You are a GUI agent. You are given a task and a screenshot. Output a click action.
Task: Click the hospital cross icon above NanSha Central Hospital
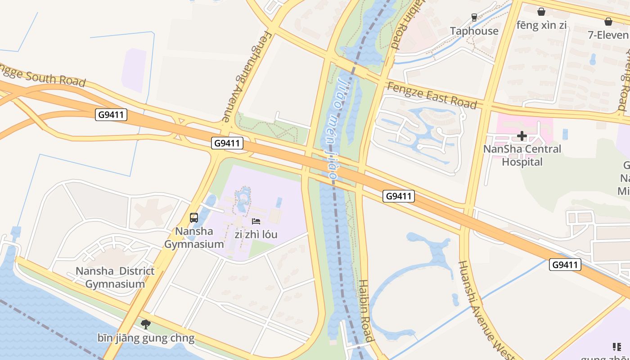click(522, 136)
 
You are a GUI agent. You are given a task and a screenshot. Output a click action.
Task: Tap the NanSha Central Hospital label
click(522, 155)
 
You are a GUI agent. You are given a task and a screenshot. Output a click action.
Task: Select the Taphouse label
click(474, 31)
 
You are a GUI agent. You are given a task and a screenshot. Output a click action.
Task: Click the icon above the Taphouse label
click(474, 18)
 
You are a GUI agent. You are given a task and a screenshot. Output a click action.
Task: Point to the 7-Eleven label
click(608, 35)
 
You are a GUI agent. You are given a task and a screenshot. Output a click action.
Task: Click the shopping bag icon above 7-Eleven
click(608, 21)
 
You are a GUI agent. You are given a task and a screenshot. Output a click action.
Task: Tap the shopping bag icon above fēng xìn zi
click(541, 12)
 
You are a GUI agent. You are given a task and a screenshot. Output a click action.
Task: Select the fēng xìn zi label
click(541, 25)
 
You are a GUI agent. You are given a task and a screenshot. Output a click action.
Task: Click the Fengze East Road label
click(432, 95)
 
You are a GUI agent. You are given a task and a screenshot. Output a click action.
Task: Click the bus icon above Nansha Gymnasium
click(194, 218)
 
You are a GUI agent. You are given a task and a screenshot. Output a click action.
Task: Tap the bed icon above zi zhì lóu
click(256, 221)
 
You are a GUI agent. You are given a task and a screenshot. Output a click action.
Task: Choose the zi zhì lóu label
click(256, 234)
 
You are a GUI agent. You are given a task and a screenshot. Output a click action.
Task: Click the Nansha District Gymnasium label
click(115, 277)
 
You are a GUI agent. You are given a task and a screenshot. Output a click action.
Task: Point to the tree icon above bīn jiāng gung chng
click(146, 324)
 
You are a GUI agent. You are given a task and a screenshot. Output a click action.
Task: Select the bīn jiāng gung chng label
click(146, 338)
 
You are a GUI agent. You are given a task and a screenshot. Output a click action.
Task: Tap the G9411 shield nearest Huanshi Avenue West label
click(565, 265)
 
